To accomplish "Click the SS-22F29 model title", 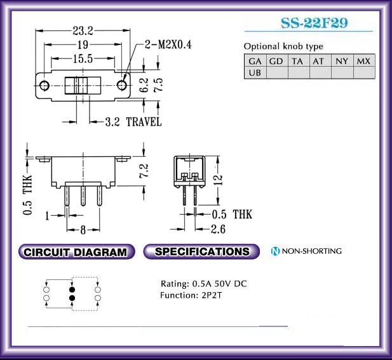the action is [x=314, y=23].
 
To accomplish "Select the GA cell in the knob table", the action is [x=255, y=61].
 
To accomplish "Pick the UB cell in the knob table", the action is [x=255, y=73].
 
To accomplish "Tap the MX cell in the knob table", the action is [x=364, y=61].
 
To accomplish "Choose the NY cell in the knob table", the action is [x=342, y=61].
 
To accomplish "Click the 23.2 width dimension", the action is [x=83, y=31].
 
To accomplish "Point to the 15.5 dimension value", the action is [x=83, y=59].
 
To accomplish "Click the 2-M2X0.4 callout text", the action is [x=168, y=44].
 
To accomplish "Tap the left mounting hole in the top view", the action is [x=44, y=86].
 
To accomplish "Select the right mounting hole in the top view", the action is [x=121, y=86].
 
